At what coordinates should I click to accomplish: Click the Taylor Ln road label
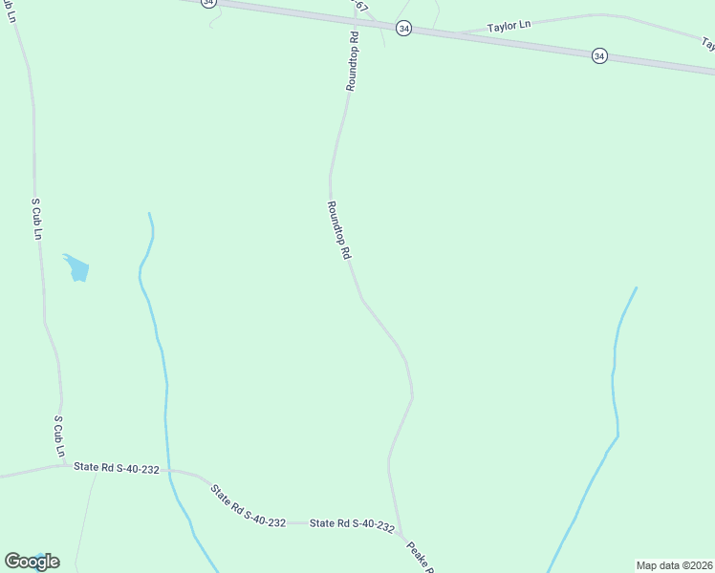[x=509, y=26]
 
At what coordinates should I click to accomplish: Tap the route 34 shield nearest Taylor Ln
[x=404, y=30]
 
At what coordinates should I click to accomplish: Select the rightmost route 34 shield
[x=599, y=55]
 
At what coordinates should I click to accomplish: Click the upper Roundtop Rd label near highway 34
[x=352, y=61]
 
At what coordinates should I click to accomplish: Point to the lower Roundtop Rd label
[x=339, y=230]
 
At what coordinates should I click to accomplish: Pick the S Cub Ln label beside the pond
[x=36, y=220]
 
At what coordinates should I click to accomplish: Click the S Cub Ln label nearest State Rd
[x=59, y=435]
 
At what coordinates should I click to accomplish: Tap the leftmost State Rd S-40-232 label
[x=116, y=467]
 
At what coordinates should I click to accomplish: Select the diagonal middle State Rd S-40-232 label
[x=248, y=507]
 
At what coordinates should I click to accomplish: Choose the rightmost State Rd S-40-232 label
[x=352, y=524]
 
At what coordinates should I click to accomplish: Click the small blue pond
[x=76, y=268]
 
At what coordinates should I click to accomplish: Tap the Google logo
[x=32, y=562]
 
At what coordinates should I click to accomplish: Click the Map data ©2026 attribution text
[x=674, y=564]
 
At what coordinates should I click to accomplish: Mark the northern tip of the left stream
[x=149, y=214]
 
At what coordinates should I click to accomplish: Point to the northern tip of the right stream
[x=636, y=287]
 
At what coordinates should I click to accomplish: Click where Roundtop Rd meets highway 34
[x=355, y=22]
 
